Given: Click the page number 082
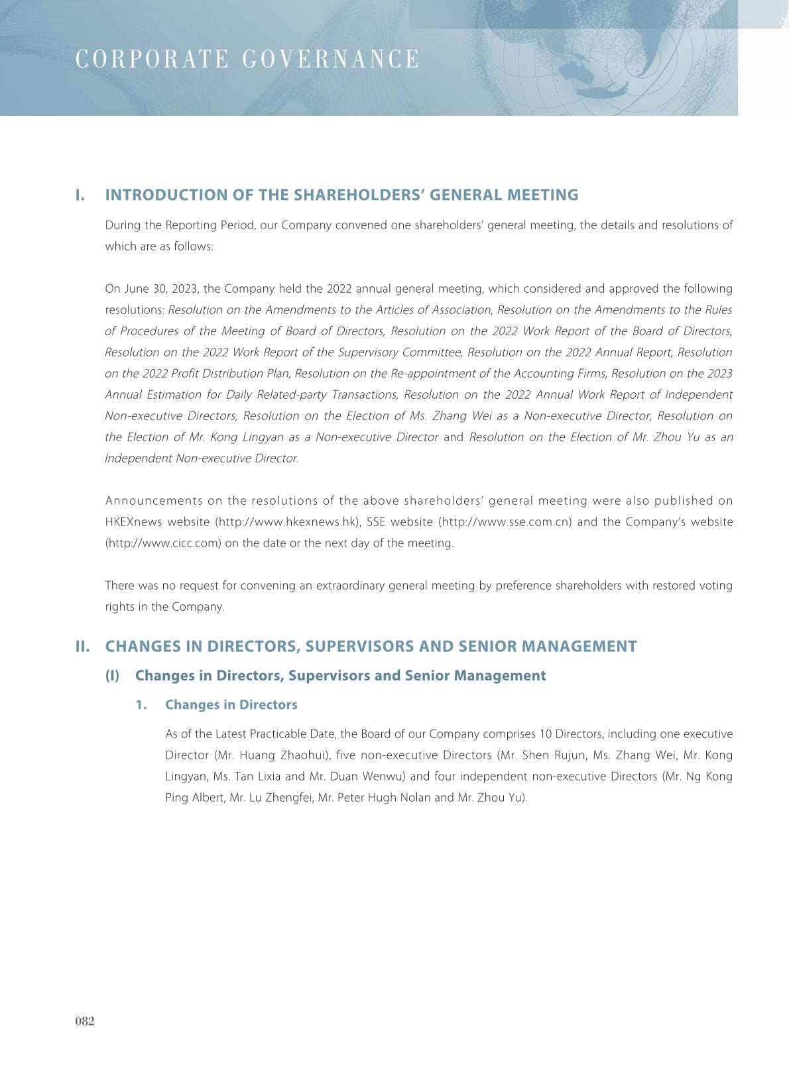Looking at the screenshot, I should click(85, 1021).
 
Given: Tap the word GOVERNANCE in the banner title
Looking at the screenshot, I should click(331, 60).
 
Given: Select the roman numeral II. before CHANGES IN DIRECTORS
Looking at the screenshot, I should click(83, 647).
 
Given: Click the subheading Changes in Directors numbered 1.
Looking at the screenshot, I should click(231, 705).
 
